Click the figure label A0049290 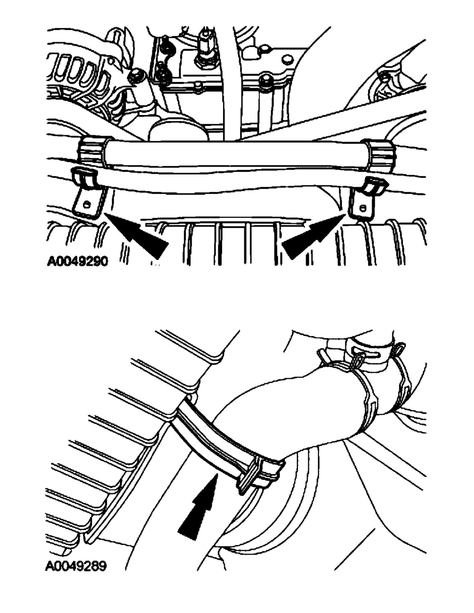point(77,261)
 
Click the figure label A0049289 point(76,566)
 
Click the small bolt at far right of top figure point(385,78)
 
